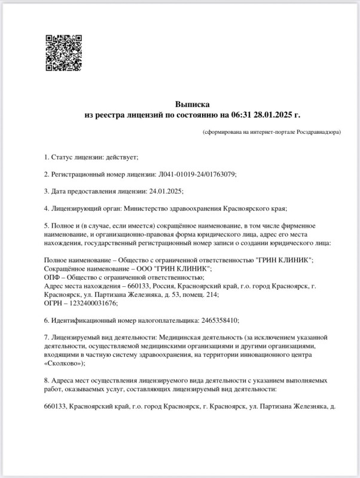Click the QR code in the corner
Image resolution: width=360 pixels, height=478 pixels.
tap(64, 53)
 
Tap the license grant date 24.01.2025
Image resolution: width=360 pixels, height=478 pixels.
tap(164, 191)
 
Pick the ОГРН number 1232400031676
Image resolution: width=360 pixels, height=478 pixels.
tap(84, 303)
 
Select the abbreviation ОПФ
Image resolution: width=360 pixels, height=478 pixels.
tap(52, 277)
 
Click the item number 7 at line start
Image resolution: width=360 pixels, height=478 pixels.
tap(47, 337)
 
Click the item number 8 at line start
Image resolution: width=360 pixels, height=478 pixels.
tap(47, 380)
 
